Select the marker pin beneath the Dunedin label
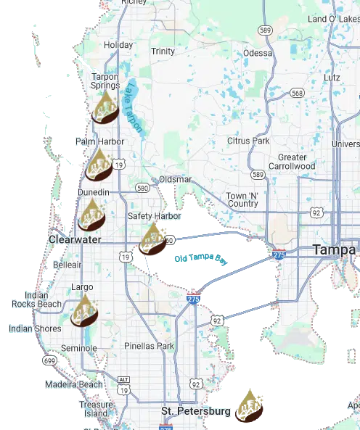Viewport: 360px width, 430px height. pos(92,215)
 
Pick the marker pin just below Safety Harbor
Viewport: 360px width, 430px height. pos(153,240)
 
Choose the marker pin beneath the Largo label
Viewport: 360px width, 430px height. pos(85,311)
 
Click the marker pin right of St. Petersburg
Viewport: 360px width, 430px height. pos(250,405)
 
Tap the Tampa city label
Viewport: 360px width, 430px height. pos(334,249)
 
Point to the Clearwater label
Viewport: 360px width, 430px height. pos(75,239)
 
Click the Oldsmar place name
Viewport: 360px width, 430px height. pos(176,179)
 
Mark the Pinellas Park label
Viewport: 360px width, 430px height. pos(149,346)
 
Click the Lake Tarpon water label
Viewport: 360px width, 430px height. pos(134,105)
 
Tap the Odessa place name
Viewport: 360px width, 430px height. pos(258,53)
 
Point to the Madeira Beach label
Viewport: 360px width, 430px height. pos(74,384)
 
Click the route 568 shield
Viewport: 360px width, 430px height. pos(297,92)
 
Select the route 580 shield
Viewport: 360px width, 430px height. pos(142,188)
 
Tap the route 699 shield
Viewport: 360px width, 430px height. pos(49,360)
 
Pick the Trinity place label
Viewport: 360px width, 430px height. pos(163,51)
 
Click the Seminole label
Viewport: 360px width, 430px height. pos(79,348)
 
